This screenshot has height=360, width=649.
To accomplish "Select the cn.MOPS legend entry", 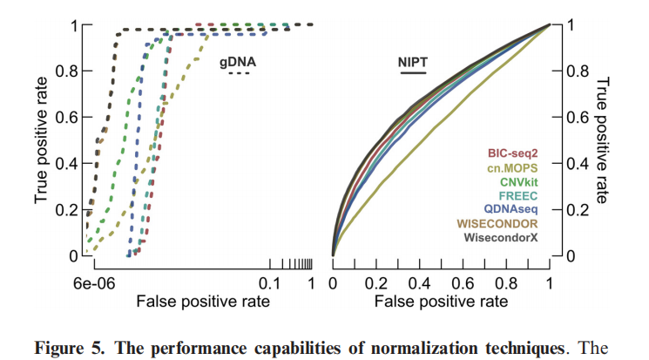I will (x=507, y=168).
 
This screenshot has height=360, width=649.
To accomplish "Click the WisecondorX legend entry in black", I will (x=499, y=237).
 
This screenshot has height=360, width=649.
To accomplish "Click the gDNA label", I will (x=239, y=62).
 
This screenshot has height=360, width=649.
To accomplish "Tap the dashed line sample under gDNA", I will (x=239, y=74).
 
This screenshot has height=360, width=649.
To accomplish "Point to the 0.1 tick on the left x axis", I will (x=269, y=284).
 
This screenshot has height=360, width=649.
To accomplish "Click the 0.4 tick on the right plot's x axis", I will (x=419, y=284).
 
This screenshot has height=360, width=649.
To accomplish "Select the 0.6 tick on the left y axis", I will (x=69, y=117).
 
